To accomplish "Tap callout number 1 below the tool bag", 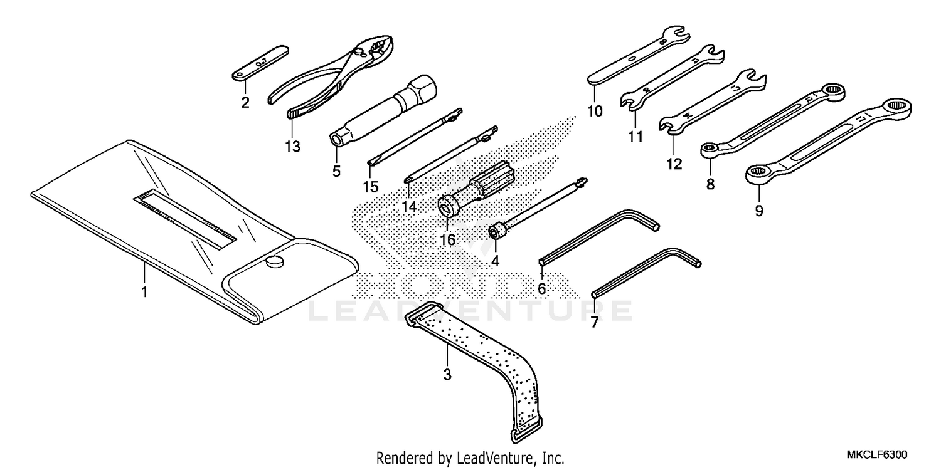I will point(144,291).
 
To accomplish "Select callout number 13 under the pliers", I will point(292,147).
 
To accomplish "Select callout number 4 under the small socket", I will point(496,259).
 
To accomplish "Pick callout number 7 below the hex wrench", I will point(594,323).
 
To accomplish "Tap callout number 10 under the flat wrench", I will point(595,112).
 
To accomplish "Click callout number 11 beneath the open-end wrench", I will point(635,136).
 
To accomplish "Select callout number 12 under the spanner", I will point(673,164).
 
